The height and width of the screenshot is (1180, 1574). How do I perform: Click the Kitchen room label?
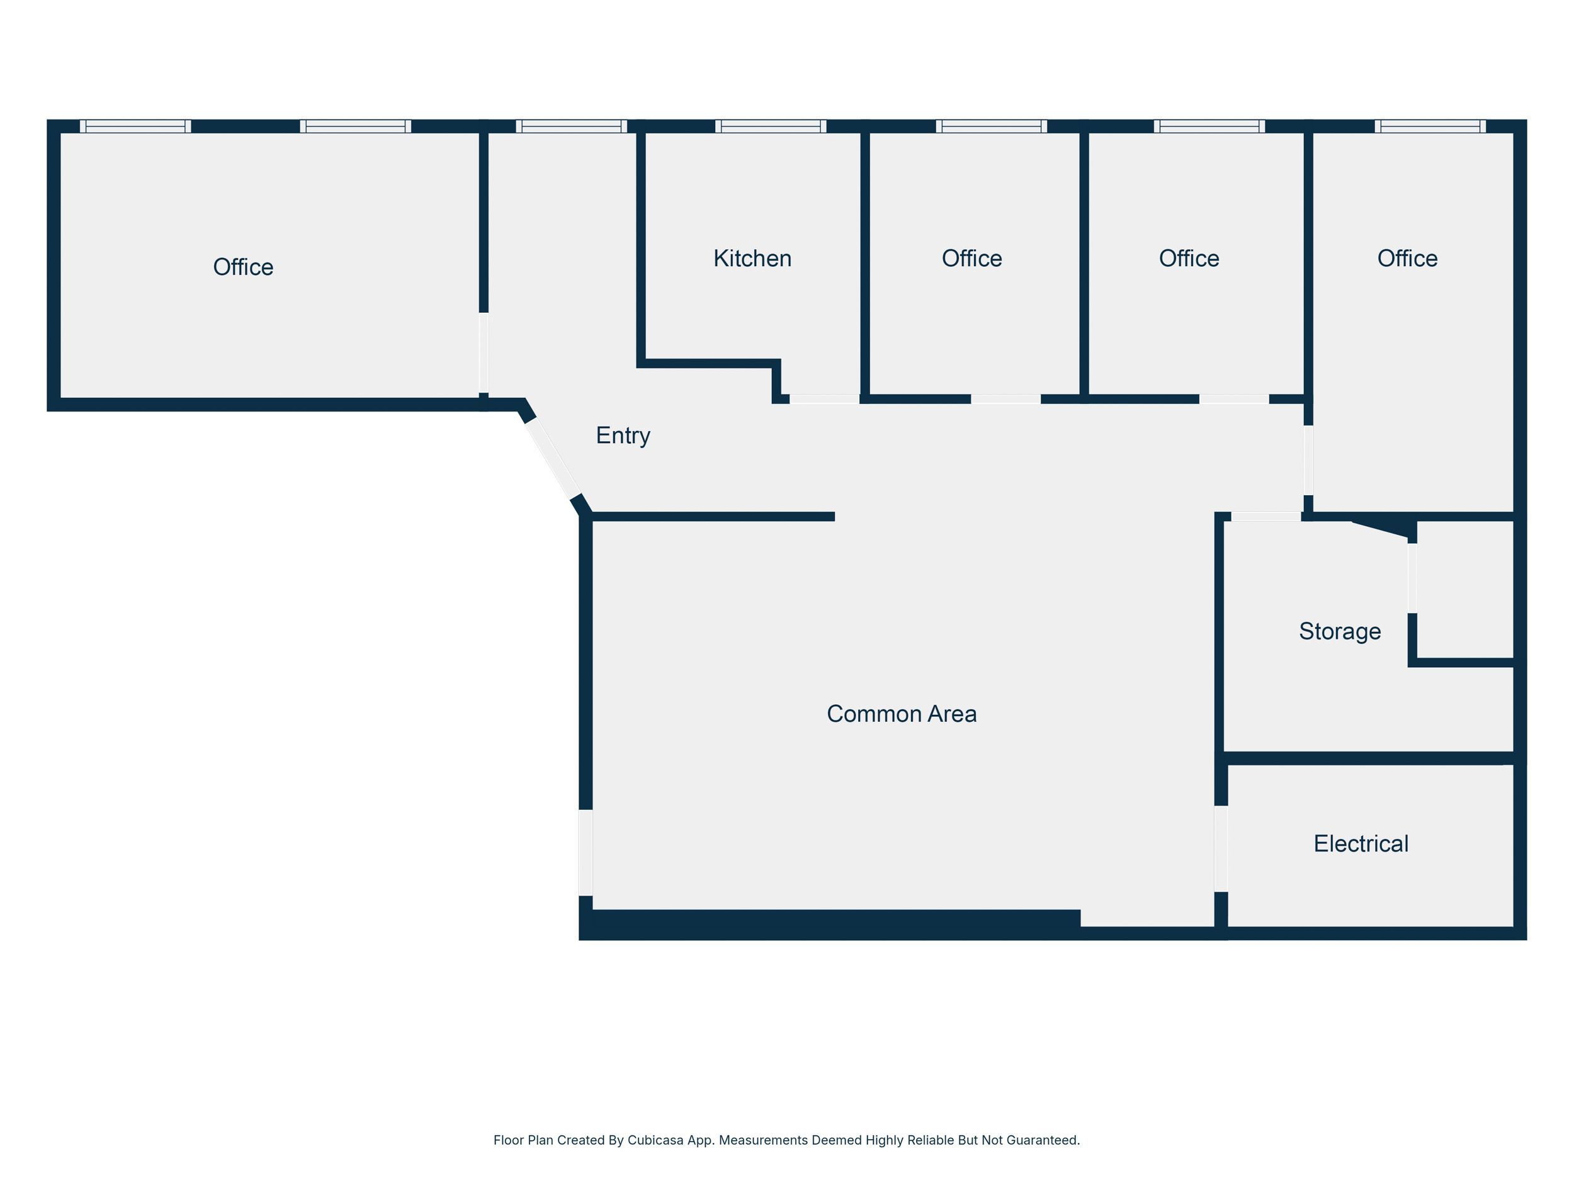point(752,258)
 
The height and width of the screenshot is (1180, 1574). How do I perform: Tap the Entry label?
point(623,435)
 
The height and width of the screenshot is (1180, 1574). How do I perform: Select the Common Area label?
point(902,714)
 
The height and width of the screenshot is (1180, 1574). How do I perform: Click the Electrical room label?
point(1361,843)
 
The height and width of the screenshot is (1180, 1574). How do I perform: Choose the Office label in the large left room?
point(244,267)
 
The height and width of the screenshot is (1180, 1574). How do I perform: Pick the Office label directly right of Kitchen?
point(972,258)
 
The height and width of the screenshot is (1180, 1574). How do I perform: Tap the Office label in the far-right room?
point(1408,258)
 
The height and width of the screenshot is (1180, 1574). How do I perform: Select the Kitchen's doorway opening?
point(825,399)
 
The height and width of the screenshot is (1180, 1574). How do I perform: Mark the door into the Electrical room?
point(1221,848)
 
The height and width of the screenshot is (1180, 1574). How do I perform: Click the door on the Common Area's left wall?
point(586,853)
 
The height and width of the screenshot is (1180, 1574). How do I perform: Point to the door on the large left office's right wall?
point(484,353)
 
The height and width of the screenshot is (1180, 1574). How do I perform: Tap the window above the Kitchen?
point(771,126)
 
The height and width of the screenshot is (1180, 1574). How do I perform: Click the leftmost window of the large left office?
point(135,126)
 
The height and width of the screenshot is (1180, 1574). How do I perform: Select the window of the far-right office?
point(1430,126)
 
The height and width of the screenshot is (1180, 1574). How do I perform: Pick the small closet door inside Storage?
point(1412,578)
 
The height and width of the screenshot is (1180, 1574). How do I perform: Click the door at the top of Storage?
point(1267,517)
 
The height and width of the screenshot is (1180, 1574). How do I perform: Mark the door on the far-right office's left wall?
point(1308,460)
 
